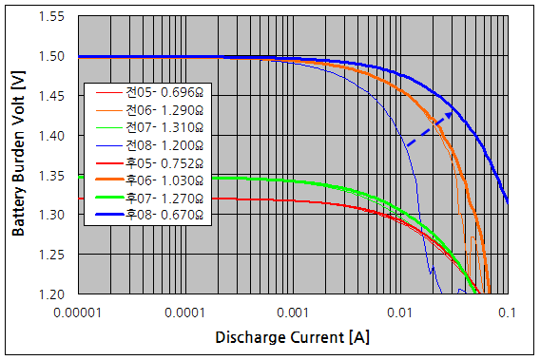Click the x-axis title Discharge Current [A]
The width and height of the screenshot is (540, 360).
coord(292,338)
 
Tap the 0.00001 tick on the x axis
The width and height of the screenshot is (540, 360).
coord(79,312)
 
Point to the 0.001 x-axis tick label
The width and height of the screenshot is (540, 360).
coord(294,312)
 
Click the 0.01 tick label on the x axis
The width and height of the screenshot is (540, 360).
coord(400,312)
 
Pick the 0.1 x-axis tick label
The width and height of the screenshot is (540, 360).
coord(506,312)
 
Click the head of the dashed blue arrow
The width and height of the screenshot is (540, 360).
coord(453,113)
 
